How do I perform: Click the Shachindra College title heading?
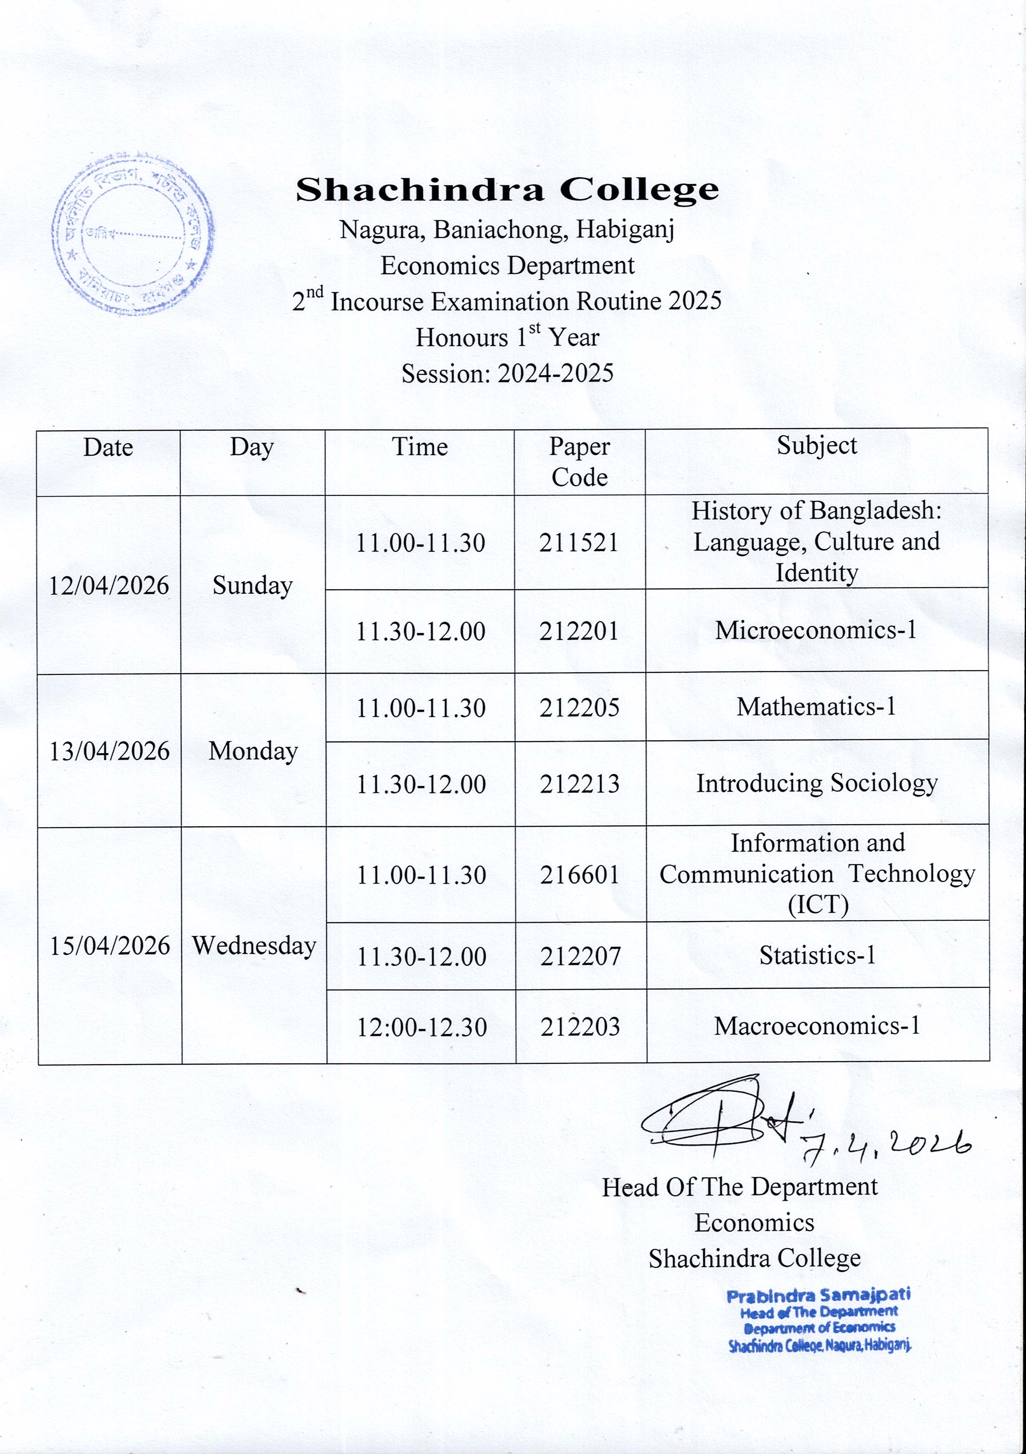507,190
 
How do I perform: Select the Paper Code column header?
579,462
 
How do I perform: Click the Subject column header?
816,446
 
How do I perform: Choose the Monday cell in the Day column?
253,751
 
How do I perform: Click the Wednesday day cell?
254,946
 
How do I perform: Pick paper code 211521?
579,543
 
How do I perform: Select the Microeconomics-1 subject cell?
816,630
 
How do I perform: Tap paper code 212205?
579,707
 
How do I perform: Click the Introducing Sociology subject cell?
817,783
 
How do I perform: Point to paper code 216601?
579,875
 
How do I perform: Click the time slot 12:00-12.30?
421,1027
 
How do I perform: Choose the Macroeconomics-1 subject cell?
817,1025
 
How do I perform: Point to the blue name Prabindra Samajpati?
819,1295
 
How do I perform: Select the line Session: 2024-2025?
507,374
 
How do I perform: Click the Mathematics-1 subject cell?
816,706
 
